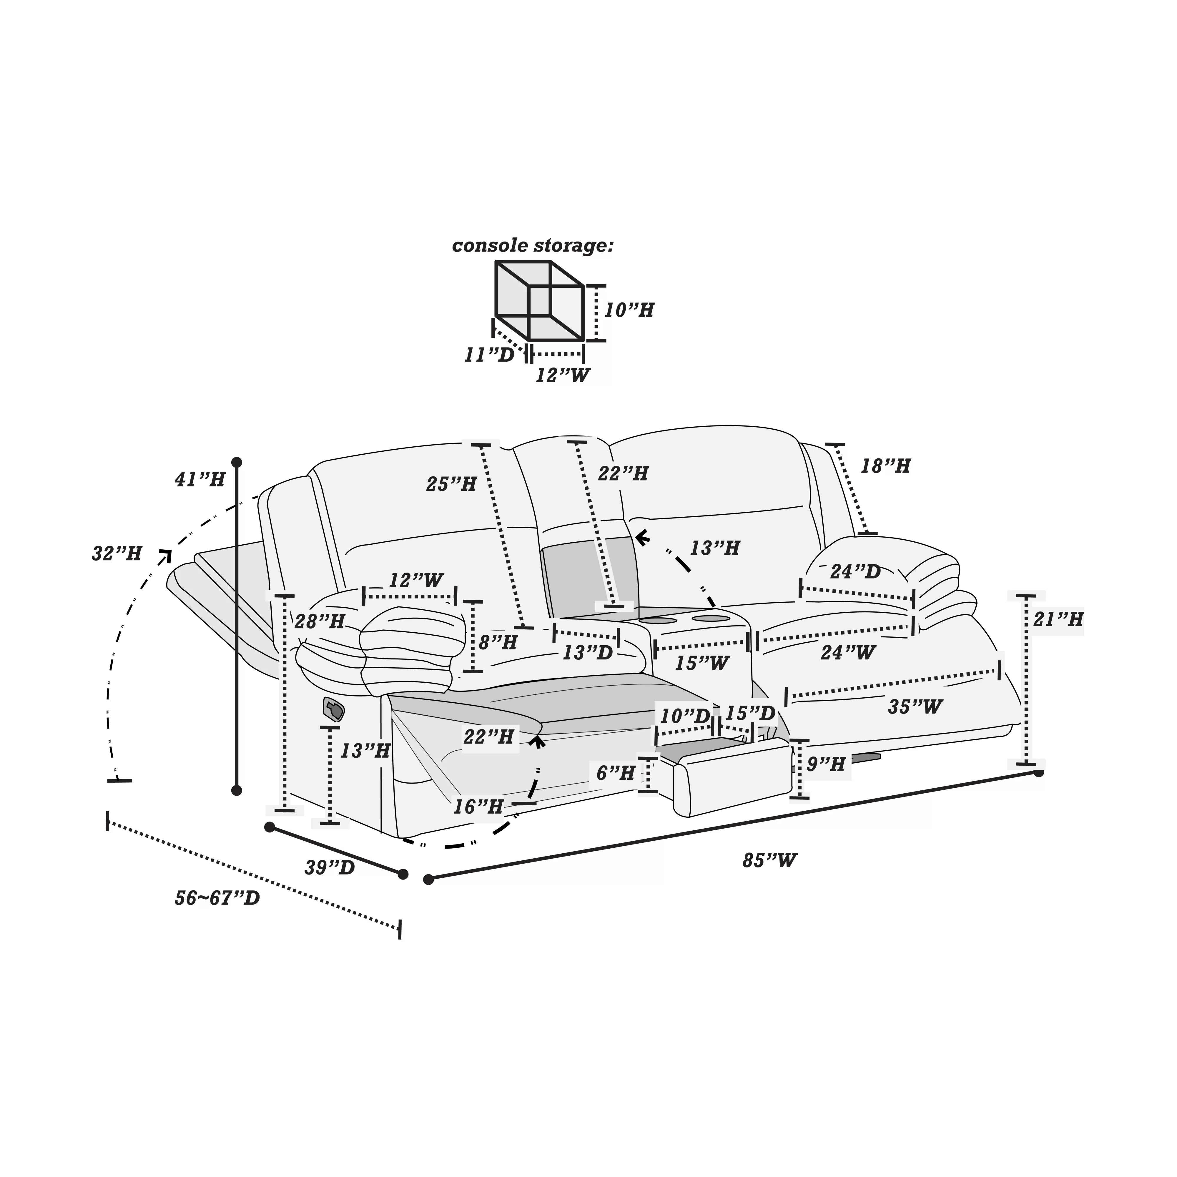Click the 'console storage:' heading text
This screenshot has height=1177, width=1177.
pyautogui.click(x=533, y=246)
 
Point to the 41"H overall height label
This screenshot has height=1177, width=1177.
pyautogui.click(x=200, y=480)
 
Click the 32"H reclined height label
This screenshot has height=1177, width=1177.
pyautogui.click(x=117, y=554)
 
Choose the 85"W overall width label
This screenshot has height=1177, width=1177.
pyautogui.click(x=769, y=860)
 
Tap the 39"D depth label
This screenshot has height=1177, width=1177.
pyautogui.click(x=330, y=867)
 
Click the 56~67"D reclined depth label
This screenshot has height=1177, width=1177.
pyautogui.click(x=217, y=898)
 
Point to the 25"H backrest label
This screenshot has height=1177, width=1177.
pyautogui.click(x=451, y=484)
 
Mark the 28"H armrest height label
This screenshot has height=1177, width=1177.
pyautogui.click(x=320, y=622)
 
